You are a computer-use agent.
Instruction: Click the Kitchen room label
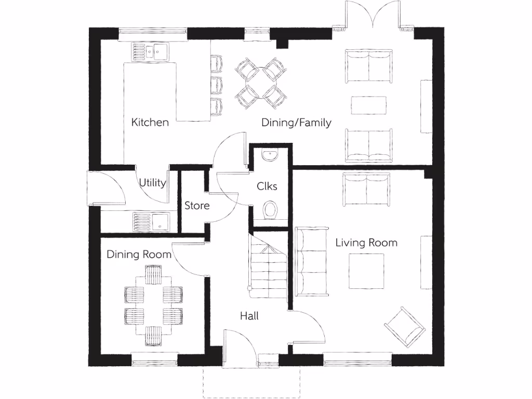(150, 123)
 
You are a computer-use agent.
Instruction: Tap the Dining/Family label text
(296, 123)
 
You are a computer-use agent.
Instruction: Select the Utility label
(152, 183)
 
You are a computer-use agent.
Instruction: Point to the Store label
(197, 206)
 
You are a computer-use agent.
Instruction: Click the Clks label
(267, 186)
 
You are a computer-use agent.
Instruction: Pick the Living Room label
(366, 243)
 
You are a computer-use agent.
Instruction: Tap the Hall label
(249, 315)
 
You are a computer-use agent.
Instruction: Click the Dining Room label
(139, 255)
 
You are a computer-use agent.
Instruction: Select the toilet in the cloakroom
(270, 210)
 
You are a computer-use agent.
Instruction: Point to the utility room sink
(151, 222)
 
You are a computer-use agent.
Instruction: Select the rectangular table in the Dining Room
(153, 304)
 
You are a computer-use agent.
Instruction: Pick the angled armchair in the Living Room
(405, 327)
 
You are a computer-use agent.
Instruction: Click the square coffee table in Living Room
(366, 271)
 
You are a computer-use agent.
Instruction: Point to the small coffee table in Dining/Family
(368, 105)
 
